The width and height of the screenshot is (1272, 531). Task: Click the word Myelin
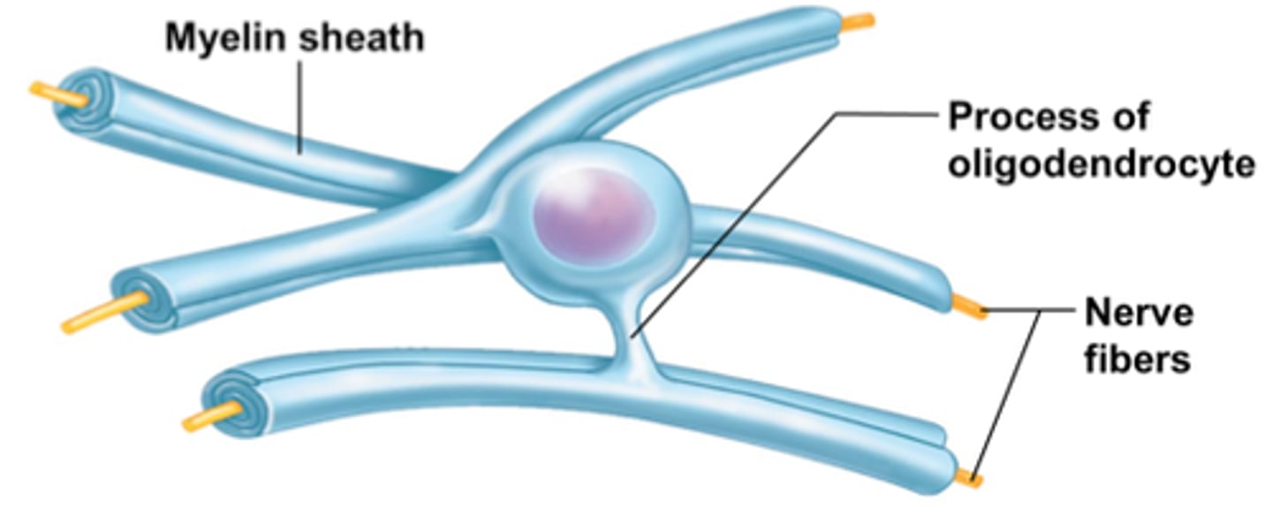pos(225,38)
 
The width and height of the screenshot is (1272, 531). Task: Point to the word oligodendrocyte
pos(1101,164)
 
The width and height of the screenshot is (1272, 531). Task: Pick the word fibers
pos(1137,360)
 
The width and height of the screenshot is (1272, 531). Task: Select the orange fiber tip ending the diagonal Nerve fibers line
pos(969,478)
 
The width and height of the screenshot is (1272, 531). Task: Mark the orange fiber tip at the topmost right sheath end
pos(857,22)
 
